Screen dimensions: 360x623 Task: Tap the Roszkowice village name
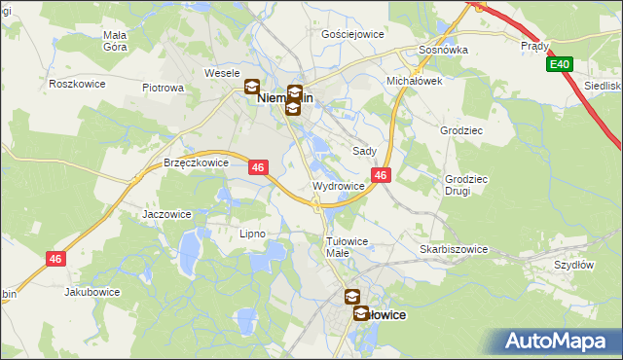[76, 84]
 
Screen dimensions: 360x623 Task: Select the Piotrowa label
[163, 88]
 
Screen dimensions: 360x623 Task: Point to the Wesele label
[221, 73]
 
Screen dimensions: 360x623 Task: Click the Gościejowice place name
[352, 33]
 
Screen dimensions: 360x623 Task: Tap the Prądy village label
[535, 46]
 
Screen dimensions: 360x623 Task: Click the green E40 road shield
[559, 64]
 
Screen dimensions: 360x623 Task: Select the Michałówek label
[415, 81]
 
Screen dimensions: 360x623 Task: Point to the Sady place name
[364, 152]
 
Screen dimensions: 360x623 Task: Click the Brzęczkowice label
[196, 163]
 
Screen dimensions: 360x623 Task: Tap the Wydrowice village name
[339, 185]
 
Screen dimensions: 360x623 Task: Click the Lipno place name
[252, 234]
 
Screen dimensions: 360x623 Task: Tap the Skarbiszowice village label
[454, 249]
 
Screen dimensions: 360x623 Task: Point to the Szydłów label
[573, 265]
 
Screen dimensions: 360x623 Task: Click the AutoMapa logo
[560, 341]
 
